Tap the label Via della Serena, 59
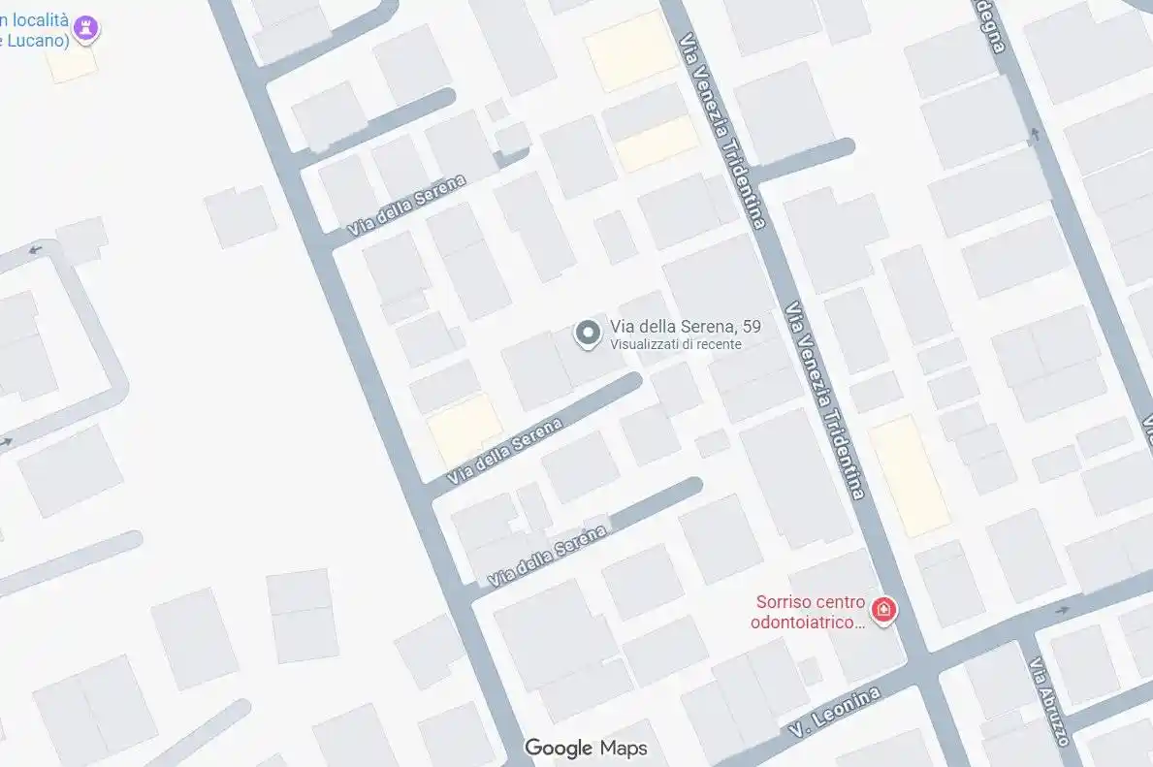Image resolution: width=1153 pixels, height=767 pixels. pos(685,327)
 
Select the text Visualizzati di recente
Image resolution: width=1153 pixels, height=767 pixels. pos(675,344)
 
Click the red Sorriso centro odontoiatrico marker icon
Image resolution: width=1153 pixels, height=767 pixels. pos(883,610)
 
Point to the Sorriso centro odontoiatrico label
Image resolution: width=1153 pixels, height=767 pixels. pos(809,612)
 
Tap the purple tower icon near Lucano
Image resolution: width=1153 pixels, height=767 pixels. pos(87,29)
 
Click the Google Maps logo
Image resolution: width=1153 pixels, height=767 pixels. pos(586,748)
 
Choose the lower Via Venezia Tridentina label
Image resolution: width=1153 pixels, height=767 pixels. pos(825,400)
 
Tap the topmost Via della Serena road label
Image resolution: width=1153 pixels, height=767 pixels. pos(407,205)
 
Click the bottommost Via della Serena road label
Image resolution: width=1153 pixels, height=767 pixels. pos(548,556)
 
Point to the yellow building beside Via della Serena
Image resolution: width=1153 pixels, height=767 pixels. pos(464,428)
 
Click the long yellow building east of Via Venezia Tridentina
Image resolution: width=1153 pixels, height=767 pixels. pos(909,475)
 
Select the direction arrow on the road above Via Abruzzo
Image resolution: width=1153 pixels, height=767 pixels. pos(1063,611)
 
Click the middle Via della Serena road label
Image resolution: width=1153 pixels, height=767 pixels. pos(504,452)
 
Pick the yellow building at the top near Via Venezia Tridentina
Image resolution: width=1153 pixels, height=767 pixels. pos(630,50)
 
